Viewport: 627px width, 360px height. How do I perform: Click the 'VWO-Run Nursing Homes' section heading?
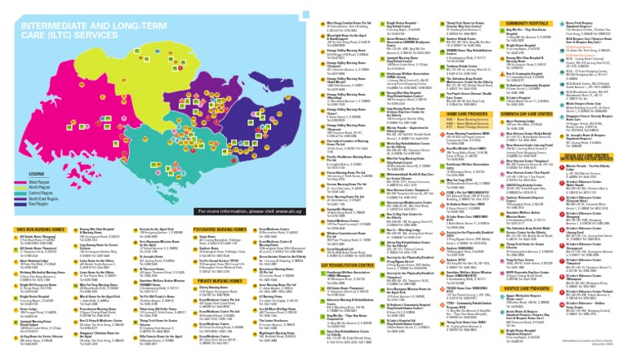(36, 229)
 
